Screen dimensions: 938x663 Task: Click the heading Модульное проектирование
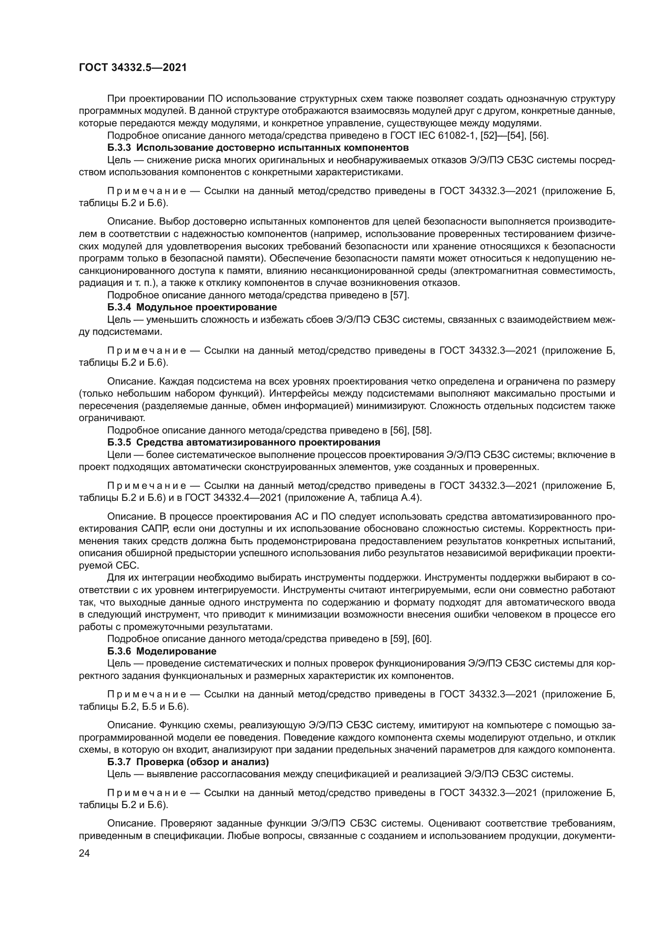click(x=206, y=307)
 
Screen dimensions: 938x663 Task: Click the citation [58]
click(x=422, y=430)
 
